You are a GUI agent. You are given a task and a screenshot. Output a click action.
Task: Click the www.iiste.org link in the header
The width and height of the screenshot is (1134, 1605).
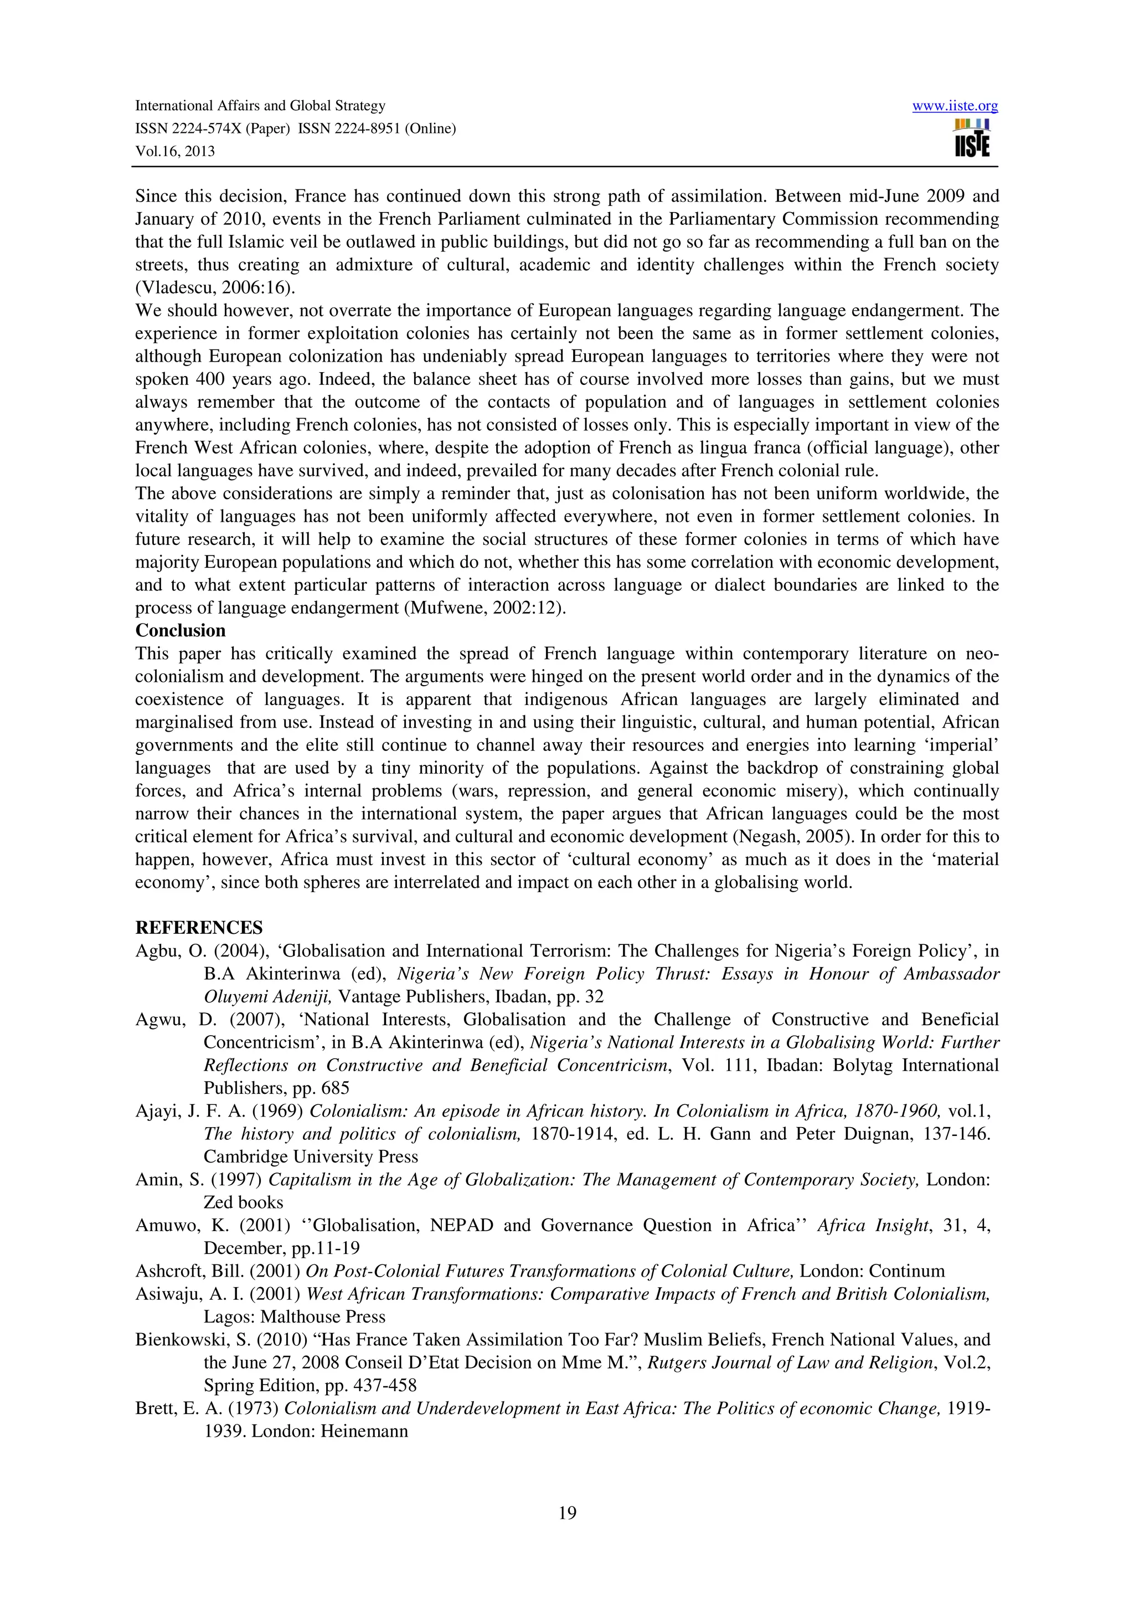pyautogui.click(x=955, y=106)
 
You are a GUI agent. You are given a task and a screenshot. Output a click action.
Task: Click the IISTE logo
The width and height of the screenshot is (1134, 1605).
pyautogui.click(x=971, y=138)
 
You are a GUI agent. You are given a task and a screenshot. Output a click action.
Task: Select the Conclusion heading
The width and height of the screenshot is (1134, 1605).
pyautogui.click(x=181, y=630)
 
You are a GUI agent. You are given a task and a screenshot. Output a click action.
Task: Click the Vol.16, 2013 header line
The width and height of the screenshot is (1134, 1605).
pyautogui.click(x=174, y=151)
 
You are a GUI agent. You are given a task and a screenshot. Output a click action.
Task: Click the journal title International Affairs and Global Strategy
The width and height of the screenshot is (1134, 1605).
pyautogui.click(x=260, y=106)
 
